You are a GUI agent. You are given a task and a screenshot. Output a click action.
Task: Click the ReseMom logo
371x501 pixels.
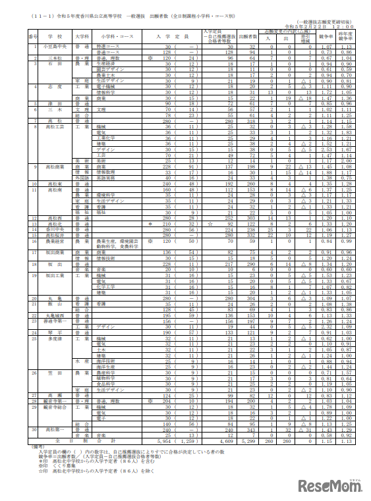(x=329, y=485)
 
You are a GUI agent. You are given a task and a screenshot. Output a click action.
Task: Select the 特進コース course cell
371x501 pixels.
(x=105, y=47)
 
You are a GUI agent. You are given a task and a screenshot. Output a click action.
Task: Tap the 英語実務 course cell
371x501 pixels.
(x=105, y=177)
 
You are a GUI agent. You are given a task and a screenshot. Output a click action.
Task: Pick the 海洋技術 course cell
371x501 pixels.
(x=105, y=361)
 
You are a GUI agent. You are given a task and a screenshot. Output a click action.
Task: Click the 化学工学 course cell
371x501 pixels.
(x=105, y=287)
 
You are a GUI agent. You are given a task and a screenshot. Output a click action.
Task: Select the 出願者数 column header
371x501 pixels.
(x=248, y=34)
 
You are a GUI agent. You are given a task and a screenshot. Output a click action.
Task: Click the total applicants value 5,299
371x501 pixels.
(x=248, y=440)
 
